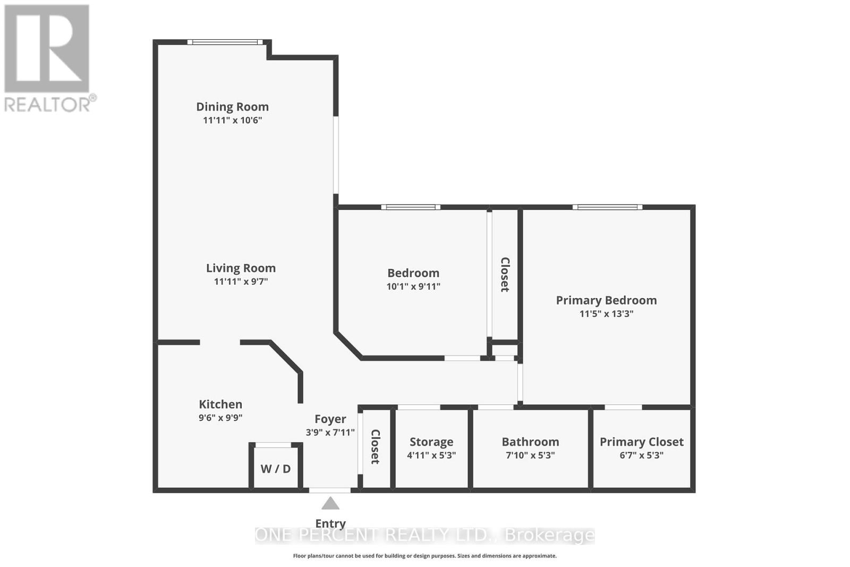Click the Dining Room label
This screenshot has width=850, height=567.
point(232,107)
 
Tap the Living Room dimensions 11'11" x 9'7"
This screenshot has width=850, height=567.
point(241,282)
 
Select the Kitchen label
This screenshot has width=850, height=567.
point(220,404)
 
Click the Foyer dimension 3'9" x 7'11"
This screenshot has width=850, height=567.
point(330,432)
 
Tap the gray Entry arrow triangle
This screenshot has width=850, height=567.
point(330,503)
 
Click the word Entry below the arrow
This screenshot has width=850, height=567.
point(330,524)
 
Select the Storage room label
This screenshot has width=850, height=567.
point(431,442)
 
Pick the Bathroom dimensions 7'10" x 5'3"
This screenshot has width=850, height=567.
point(530,455)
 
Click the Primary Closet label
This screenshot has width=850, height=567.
point(642,442)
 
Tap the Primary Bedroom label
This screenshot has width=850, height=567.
point(606,300)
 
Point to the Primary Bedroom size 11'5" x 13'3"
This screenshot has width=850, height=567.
point(606,314)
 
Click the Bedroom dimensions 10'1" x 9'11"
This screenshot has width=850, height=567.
point(413,286)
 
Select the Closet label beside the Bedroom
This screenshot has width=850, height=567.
point(505,274)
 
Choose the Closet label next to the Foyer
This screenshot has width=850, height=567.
point(375,447)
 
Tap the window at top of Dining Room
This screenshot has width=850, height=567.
point(225,42)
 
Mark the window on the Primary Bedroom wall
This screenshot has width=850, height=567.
point(608,207)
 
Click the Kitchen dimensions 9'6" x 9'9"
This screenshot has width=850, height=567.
point(220,418)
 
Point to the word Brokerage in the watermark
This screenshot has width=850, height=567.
point(550,536)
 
